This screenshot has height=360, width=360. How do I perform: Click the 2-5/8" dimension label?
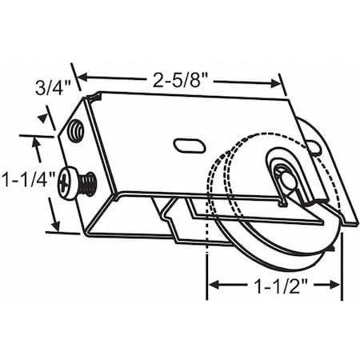178,78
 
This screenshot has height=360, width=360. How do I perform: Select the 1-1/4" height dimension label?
26,178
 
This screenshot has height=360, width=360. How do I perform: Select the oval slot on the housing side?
185,146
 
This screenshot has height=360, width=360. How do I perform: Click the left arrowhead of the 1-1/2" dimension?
210,284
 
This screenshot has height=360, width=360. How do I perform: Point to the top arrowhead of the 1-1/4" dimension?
36,140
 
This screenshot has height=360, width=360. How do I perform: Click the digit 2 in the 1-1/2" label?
302,284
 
